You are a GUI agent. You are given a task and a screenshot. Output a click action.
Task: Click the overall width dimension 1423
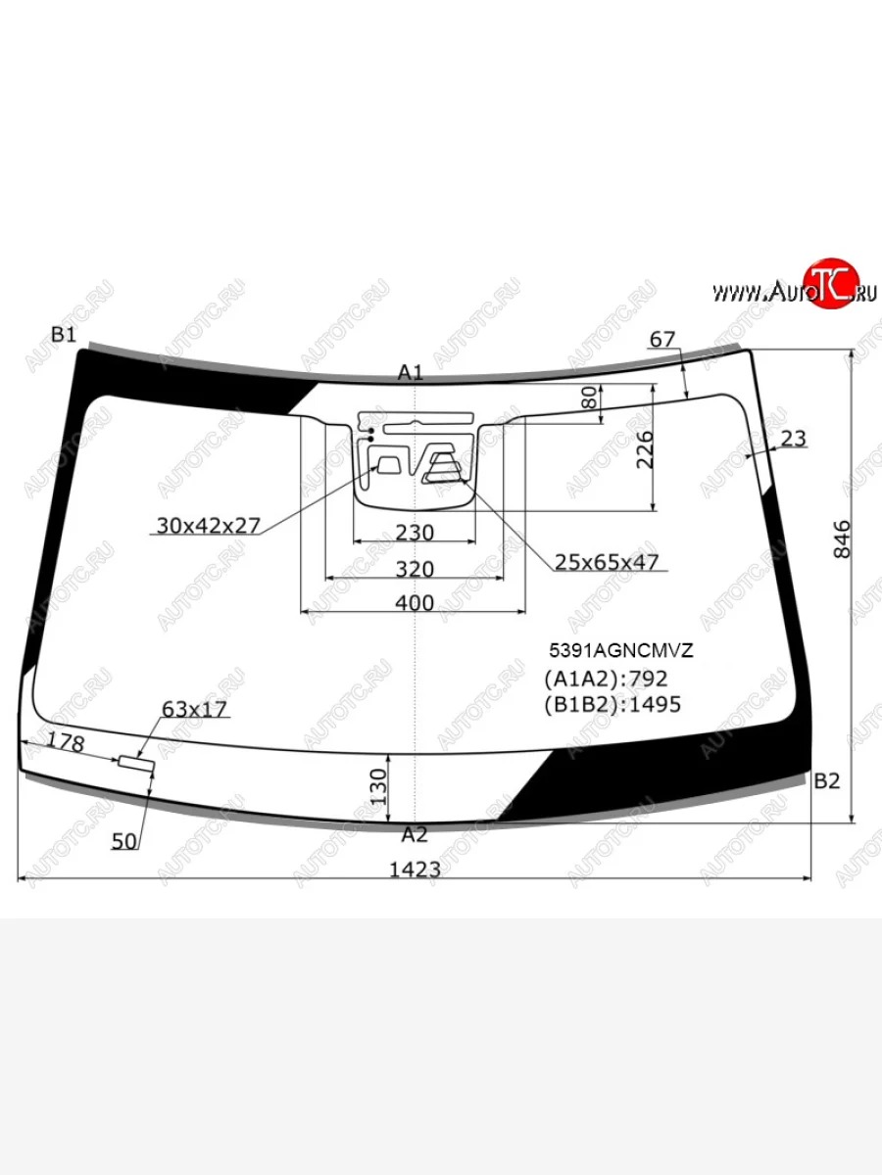[415, 869]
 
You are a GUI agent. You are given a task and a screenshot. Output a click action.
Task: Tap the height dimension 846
[843, 540]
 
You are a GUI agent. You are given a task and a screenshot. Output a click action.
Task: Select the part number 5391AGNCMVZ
[621, 650]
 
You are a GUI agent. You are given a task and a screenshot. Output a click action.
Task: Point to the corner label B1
[64, 335]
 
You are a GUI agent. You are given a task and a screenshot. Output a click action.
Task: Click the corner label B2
[827, 781]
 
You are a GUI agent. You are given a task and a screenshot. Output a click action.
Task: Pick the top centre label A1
[411, 373]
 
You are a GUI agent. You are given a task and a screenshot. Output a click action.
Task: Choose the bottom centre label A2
[415, 834]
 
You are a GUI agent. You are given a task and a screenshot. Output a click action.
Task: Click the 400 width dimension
[415, 603]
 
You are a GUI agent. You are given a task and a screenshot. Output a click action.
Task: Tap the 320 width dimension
[415, 569]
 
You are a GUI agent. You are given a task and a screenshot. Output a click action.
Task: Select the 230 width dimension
[415, 533]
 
